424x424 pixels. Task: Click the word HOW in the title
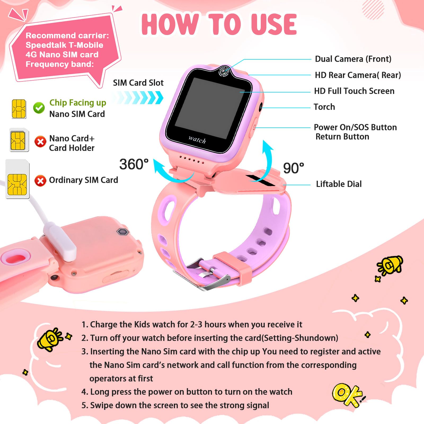tap(170, 24)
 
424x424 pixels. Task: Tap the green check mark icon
tap(39, 108)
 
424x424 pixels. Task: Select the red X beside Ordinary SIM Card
tap(40, 181)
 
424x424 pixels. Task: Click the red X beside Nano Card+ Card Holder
tap(40, 142)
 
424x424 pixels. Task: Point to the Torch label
tap(324, 107)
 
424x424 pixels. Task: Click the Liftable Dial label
tap(339, 184)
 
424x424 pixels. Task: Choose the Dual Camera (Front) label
tap(353, 59)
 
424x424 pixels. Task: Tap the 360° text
tap(134, 164)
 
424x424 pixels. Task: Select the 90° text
tap(293, 168)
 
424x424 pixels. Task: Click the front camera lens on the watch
tap(224, 72)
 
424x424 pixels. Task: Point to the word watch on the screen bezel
tap(197, 139)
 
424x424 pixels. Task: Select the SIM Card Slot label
tap(138, 83)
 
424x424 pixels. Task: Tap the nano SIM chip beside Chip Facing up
tap(19, 109)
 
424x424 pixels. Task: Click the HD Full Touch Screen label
tap(354, 91)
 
